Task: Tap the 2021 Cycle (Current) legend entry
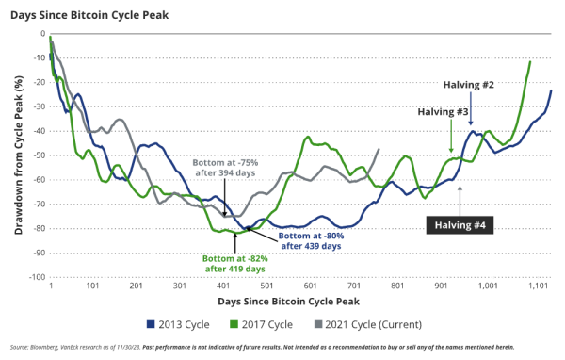tap(370, 325)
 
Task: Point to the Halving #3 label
tap(443, 112)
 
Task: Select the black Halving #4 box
tap(460, 224)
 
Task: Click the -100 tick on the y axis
tap(36, 277)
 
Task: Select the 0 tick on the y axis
tap(42, 33)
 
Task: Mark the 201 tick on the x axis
tap(137, 286)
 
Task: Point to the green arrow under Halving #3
tap(452, 140)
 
